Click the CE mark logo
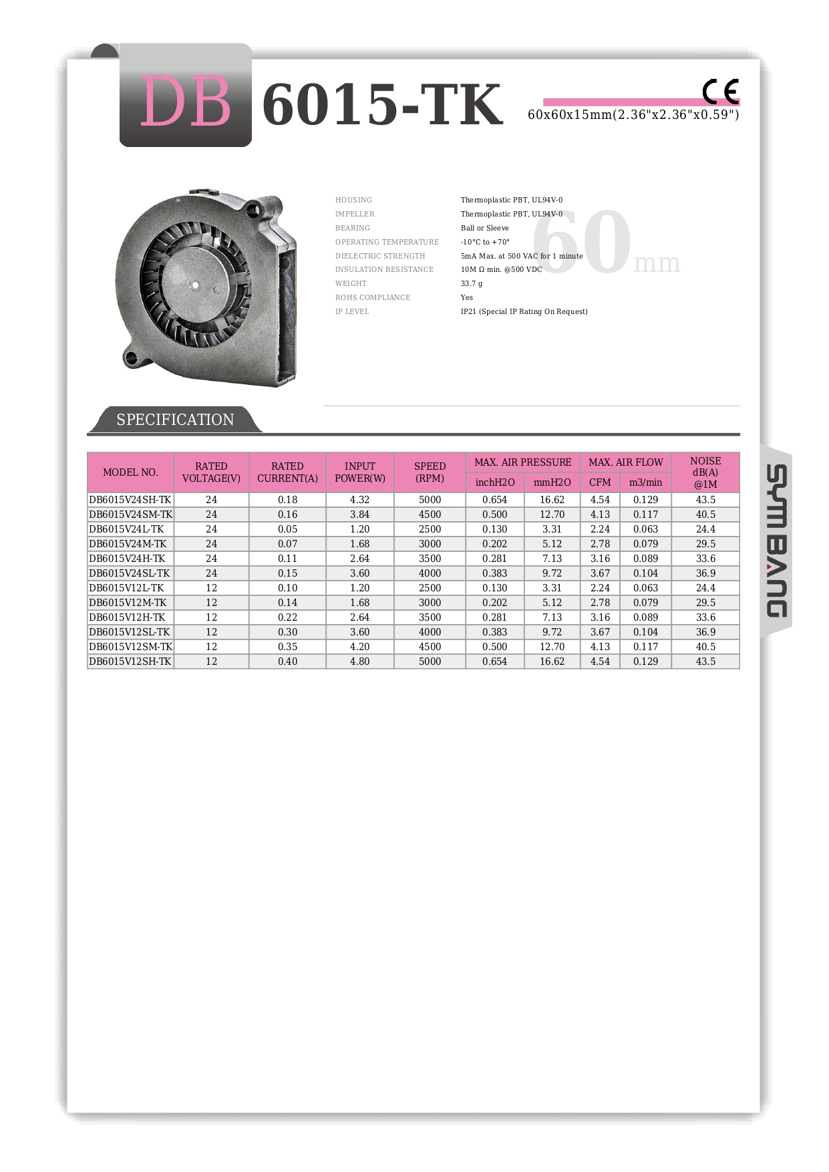(x=720, y=92)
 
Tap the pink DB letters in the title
(x=185, y=102)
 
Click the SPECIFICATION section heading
(x=175, y=420)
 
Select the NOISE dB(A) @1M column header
(x=705, y=472)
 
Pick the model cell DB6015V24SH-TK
(x=130, y=500)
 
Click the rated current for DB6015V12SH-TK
(x=287, y=662)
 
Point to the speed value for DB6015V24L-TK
(x=430, y=529)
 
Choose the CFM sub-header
(x=600, y=482)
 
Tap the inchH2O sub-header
(x=495, y=482)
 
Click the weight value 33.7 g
(x=472, y=284)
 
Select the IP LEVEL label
(x=352, y=312)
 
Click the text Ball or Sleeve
(x=484, y=229)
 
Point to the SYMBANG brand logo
(x=776, y=541)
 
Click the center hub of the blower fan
(x=196, y=285)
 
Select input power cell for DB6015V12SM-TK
(x=359, y=647)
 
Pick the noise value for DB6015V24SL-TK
(x=705, y=573)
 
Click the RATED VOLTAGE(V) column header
(x=211, y=472)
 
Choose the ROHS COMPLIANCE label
(x=373, y=298)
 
